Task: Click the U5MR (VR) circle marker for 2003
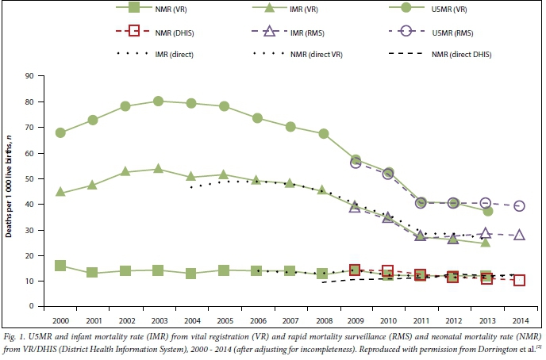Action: tap(159, 101)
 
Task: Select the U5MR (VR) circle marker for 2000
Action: tap(60, 132)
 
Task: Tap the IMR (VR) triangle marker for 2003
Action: tap(159, 169)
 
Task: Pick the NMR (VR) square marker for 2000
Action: tap(60, 266)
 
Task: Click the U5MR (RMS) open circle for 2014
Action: tap(519, 205)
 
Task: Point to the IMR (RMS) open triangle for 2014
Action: tap(519, 235)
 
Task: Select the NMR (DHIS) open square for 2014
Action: tap(519, 280)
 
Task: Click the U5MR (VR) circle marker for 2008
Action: tap(323, 133)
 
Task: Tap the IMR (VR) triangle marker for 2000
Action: tap(60, 192)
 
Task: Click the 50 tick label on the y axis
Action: tap(36, 178)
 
